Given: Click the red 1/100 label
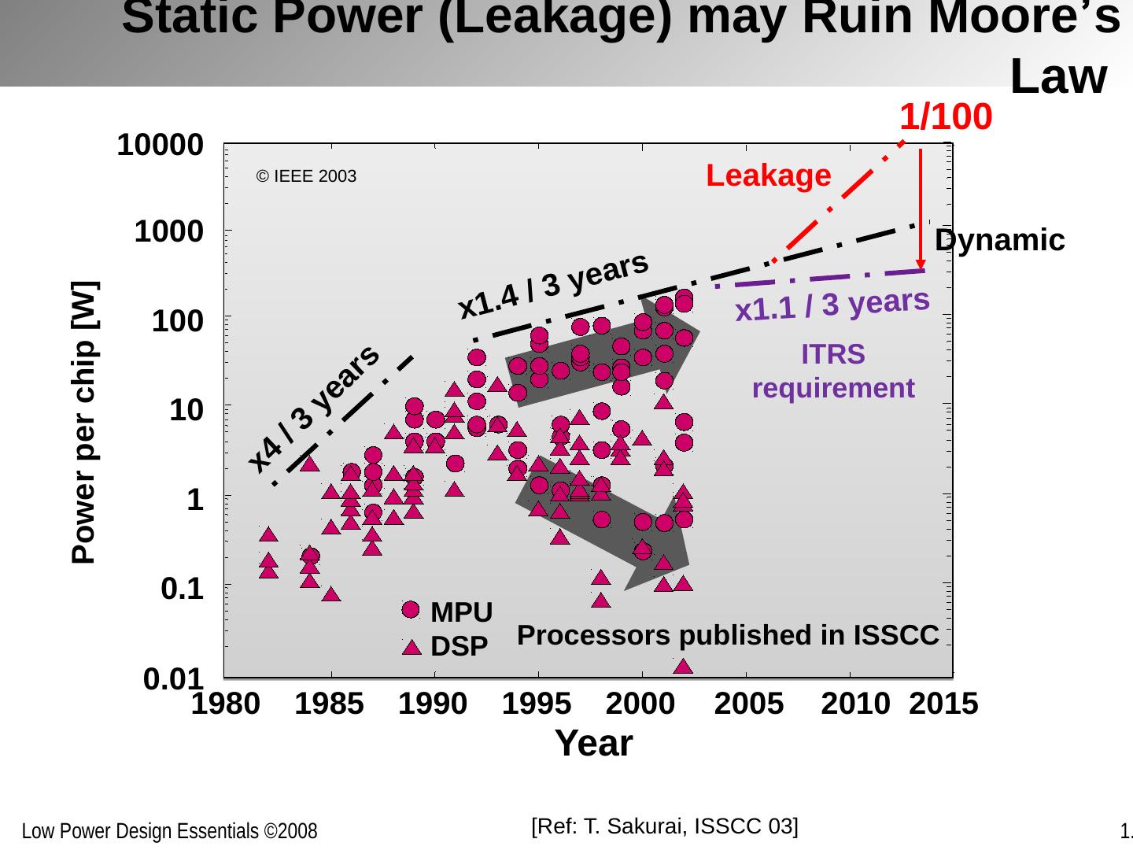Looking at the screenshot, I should [945, 117].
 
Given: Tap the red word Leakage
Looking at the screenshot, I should [769, 176].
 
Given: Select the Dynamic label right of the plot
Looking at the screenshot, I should [1000, 240].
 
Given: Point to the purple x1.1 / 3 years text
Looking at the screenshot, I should [832, 305].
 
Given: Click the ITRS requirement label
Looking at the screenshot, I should [833, 371].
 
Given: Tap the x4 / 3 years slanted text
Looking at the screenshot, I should [314, 408].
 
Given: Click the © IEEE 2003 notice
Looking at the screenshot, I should [306, 176].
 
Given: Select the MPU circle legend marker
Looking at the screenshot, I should [411, 610].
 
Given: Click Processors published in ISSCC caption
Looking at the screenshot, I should [728, 634].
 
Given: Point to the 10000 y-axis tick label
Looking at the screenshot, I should [161, 145].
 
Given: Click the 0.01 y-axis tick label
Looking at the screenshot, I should [174, 678].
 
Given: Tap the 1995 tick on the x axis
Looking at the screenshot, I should [537, 704].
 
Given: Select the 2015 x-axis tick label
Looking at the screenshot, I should [943, 704].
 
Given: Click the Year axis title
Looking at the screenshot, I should [593, 743].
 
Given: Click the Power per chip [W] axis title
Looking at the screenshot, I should [84, 422].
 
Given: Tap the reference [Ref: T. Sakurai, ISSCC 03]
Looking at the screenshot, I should [665, 826].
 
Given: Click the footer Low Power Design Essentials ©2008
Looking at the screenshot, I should [169, 831].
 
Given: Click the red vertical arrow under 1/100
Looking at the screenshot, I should [921, 209].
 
